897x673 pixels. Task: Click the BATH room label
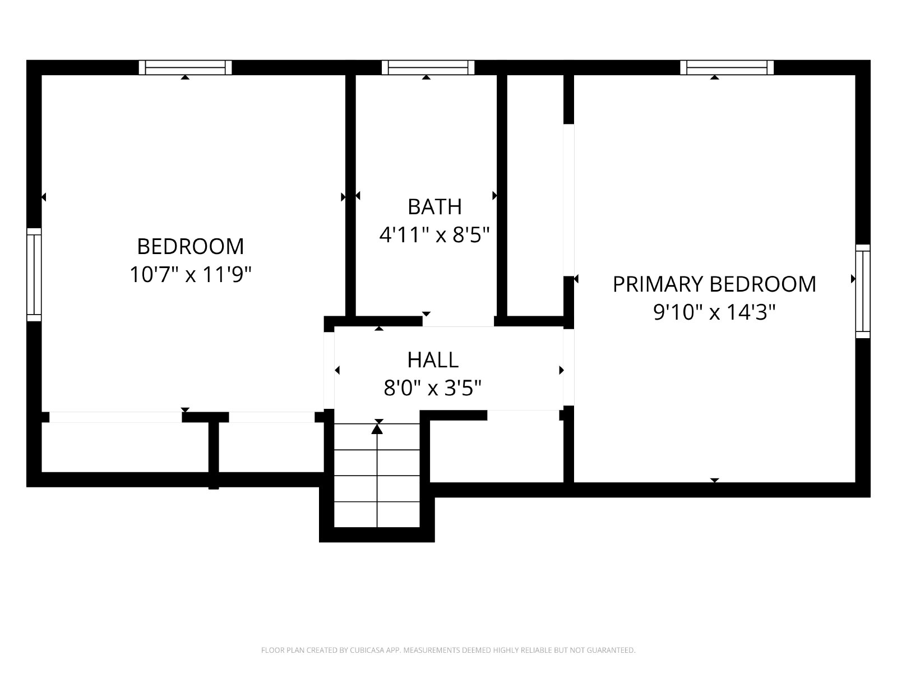tap(434, 207)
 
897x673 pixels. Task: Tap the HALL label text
tap(433, 360)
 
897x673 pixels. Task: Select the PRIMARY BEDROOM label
tap(714, 284)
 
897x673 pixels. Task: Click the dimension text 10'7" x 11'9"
tap(191, 274)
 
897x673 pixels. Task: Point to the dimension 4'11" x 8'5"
tap(434, 235)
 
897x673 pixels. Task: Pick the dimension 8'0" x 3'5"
tap(433, 388)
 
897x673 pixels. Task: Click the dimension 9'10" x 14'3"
tap(714, 312)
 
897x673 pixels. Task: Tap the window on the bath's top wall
tap(428, 67)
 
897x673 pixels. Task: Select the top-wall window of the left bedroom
tap(185, 67)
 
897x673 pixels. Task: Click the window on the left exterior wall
tap(34, 275)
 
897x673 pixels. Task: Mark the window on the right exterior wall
tap(863, 291)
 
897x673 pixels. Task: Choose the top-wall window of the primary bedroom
tap(727, 67)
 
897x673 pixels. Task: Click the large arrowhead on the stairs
tap(377, 428)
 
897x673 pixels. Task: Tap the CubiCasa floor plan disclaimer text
tap(449, 650)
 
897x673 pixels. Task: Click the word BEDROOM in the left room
tap(191, 246)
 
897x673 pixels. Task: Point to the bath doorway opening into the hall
tap(458, 321)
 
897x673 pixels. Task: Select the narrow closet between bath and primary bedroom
tap(535, 195)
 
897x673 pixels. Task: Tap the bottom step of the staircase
tap(377, 515)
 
